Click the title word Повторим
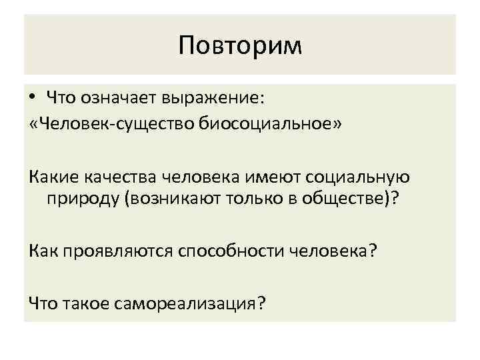point(240,46)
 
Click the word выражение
point(214,99)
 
